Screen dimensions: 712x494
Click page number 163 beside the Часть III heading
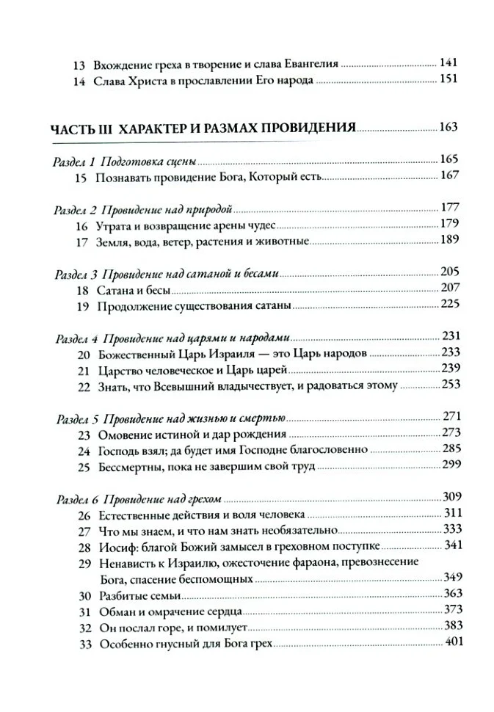point(448,127)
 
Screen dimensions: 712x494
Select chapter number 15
point(81,175)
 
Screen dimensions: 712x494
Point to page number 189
point(448,240)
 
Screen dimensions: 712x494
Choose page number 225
point(448,304)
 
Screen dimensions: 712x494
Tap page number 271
point(448,417)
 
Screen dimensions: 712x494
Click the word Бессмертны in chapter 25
point(126,466)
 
